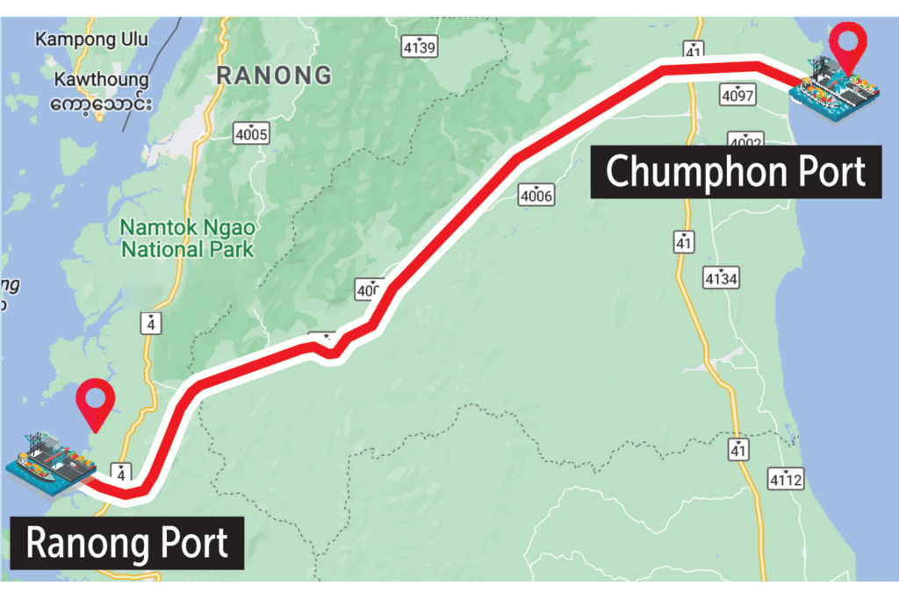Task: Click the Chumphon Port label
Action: coord(736,172)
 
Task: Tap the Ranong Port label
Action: coord(127,543)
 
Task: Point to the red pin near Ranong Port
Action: coord(95,404)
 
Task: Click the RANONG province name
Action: coord(275,75)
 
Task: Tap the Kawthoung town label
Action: coord(102,80)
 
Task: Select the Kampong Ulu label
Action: coord(92,39)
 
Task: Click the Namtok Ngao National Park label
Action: coord(188,239)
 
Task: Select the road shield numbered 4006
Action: coord(536,195)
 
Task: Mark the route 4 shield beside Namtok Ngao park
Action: coord(154,323)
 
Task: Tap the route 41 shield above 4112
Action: coord(738,451)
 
